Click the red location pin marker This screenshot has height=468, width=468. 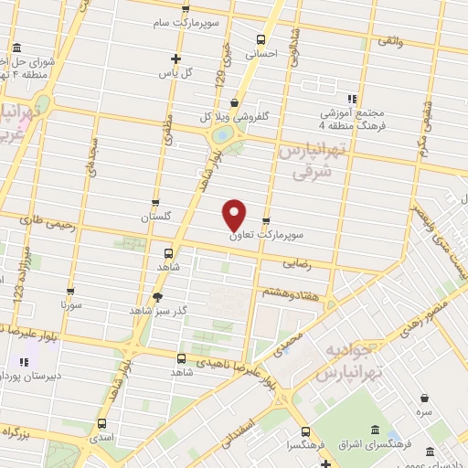pyautogui.click(x=235, y=214)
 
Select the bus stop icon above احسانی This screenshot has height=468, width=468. pyautogui.click(x=261, y=39)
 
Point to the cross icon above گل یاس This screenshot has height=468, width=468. pyautogui.click(x=162, y=58)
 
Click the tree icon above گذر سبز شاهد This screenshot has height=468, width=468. pyautogui.click(x=158, y=296)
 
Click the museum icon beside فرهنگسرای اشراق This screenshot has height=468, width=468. pyautogui.click(x=375, y=431)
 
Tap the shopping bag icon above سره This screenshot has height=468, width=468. pyautogui.click(x=425, y=397)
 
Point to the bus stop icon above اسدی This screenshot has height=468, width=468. pyautogui.click(x=101, y=423)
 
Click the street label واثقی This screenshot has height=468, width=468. pyautogui.click(x=388, y=40)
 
